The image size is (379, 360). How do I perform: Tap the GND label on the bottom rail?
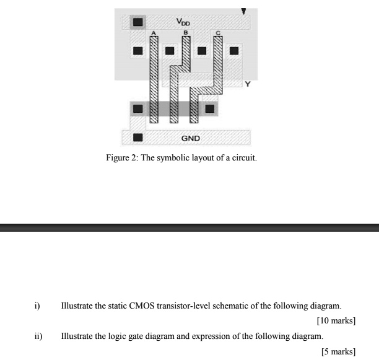pos(190,138)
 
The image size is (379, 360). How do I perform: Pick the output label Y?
pos(248,84)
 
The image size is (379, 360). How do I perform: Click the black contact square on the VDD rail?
pos(138,22)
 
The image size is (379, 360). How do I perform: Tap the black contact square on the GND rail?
pos(138,138)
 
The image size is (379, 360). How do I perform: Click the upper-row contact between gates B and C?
pos(201,50)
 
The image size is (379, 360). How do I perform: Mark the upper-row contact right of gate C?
pos(233,50)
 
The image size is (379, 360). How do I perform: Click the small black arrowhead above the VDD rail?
pos(243,11)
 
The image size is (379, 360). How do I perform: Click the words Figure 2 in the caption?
pos(121,158)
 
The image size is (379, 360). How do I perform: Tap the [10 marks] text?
pos(336,321)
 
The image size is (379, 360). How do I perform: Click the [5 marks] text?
pos(338,351)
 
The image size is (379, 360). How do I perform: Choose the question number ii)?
pos(38,336)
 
